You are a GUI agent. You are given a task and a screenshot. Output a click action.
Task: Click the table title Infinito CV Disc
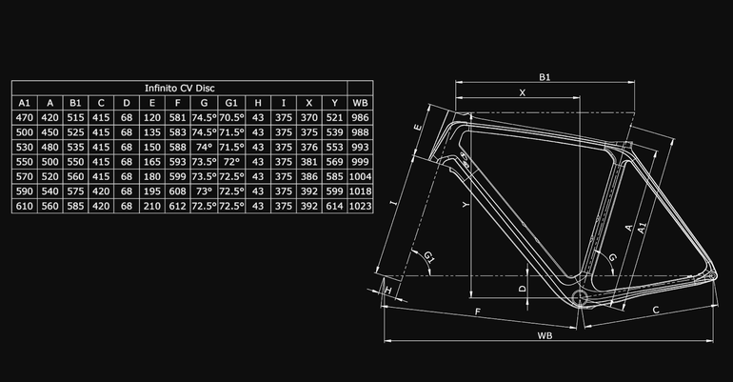(x=180, y=88)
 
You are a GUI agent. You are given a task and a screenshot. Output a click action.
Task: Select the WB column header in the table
(x=360, y=103)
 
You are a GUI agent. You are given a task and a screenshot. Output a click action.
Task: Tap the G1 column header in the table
(x=231, y=103)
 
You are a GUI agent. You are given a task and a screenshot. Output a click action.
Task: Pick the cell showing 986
(x=360, y=118)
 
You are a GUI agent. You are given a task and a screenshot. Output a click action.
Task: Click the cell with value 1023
(x=360, y=206)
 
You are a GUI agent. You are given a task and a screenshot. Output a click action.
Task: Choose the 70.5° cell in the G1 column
(x=231, y=118)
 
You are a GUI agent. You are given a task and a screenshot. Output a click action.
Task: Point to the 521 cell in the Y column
(x=335, y=118)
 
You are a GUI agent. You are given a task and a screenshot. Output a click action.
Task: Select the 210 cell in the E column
(x=152, y=206)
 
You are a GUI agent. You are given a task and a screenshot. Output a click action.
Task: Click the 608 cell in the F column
(x=178, y=191)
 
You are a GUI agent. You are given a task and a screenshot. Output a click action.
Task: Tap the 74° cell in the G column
(x=205, y=148)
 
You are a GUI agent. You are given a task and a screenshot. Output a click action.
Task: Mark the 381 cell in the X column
(x=309, y=162)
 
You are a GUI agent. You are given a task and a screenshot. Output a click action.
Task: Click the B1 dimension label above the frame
(x=545, y=77)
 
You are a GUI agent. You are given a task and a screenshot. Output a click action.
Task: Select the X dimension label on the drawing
(x=523, y=92)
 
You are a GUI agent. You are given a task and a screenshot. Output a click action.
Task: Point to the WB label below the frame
(x=545, y=335)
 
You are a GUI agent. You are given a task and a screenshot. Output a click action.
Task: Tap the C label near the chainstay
(x=656, y=310)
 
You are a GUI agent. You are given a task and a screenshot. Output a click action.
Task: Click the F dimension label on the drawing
(x=477, y=312)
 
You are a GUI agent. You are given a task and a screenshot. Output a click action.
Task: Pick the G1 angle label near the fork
(x=429, y=256)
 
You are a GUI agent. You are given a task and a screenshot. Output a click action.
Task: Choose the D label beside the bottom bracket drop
(x=523, y=289)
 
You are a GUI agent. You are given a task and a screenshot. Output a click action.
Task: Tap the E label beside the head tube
(x=418, y=128)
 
